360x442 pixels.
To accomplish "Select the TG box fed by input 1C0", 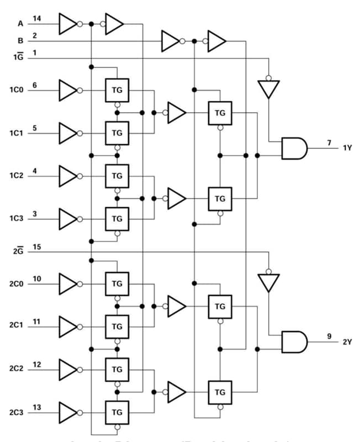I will tap(117, 90).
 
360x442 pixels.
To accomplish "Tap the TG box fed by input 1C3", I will tap(117, 218).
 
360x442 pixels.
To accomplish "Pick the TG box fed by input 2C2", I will tap(117, 369).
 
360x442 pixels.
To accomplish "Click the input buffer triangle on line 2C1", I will tap(68, 326).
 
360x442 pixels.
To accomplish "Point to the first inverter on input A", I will tap(68, 24).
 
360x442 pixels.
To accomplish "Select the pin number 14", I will tap(36, 19).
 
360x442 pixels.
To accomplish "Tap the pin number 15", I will tap(36, 247).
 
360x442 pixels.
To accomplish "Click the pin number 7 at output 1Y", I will tap(329, 143).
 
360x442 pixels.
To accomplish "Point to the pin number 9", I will tap(329, 336).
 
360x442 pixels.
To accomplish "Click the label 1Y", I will tap(347, 148).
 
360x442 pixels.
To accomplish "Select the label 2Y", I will tap(347, 342).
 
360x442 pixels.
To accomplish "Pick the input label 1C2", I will tap(16, 176).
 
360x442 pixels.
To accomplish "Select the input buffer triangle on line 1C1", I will tap(68, 133).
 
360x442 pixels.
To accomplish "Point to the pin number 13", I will tap(36, 407).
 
